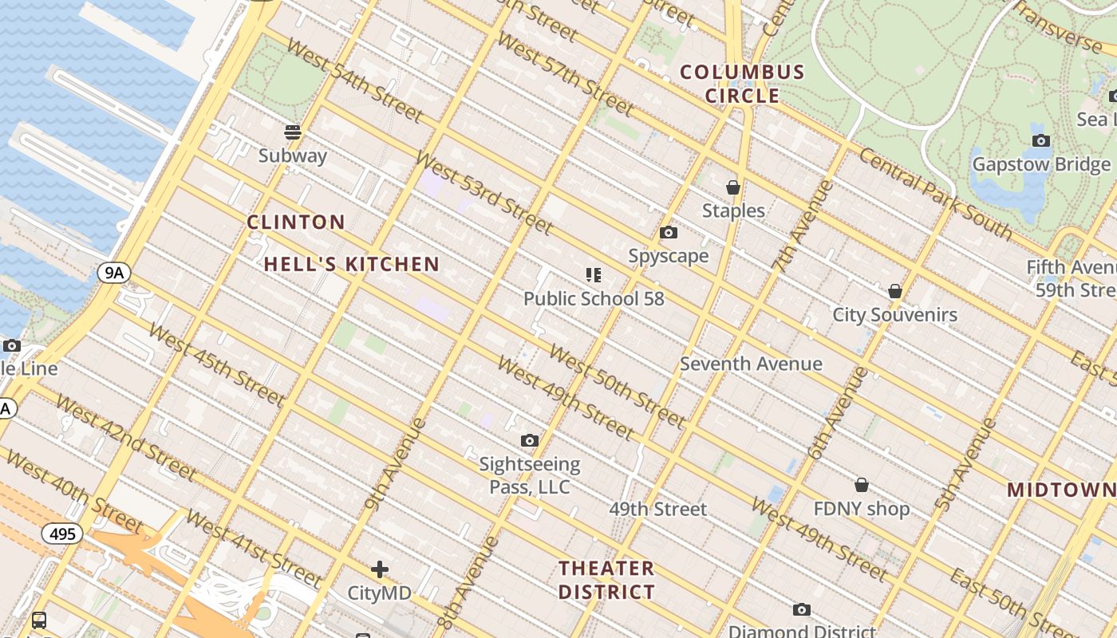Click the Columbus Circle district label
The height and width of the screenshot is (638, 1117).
click(x=742, y=84)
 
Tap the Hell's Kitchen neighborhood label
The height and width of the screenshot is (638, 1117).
click(x=352, y=264)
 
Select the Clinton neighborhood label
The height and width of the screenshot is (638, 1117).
click(x=296, y=222)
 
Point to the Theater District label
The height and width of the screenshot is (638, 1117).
click(x=606, y=580)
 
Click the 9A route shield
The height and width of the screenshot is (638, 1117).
click(x=113, y=274)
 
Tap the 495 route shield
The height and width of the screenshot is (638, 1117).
click(x=62, y=533)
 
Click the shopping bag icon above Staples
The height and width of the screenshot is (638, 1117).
click(x=733, y=187)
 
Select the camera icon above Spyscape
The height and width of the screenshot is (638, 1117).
click(x=669, y=233)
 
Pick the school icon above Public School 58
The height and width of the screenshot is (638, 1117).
click(x=593, y=275)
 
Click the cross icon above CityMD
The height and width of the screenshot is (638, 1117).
click(x=380, y=569)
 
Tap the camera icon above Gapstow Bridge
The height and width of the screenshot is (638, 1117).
click(x=1041, y=141)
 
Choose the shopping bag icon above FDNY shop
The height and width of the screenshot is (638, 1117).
click(x=862, y=485)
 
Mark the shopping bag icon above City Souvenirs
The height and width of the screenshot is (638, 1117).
click(x=895, y=291)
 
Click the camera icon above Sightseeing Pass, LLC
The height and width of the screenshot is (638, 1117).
click(x=529, y=441)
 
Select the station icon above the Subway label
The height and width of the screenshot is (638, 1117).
click(x=293, y=132)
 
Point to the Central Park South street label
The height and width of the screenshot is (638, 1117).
click(x=935, y=194)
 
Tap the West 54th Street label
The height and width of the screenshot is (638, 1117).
click(x=354, y=80)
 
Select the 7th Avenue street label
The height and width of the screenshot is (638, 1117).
click(x=803, y=227)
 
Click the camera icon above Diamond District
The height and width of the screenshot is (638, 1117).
click(x=802, y=610)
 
